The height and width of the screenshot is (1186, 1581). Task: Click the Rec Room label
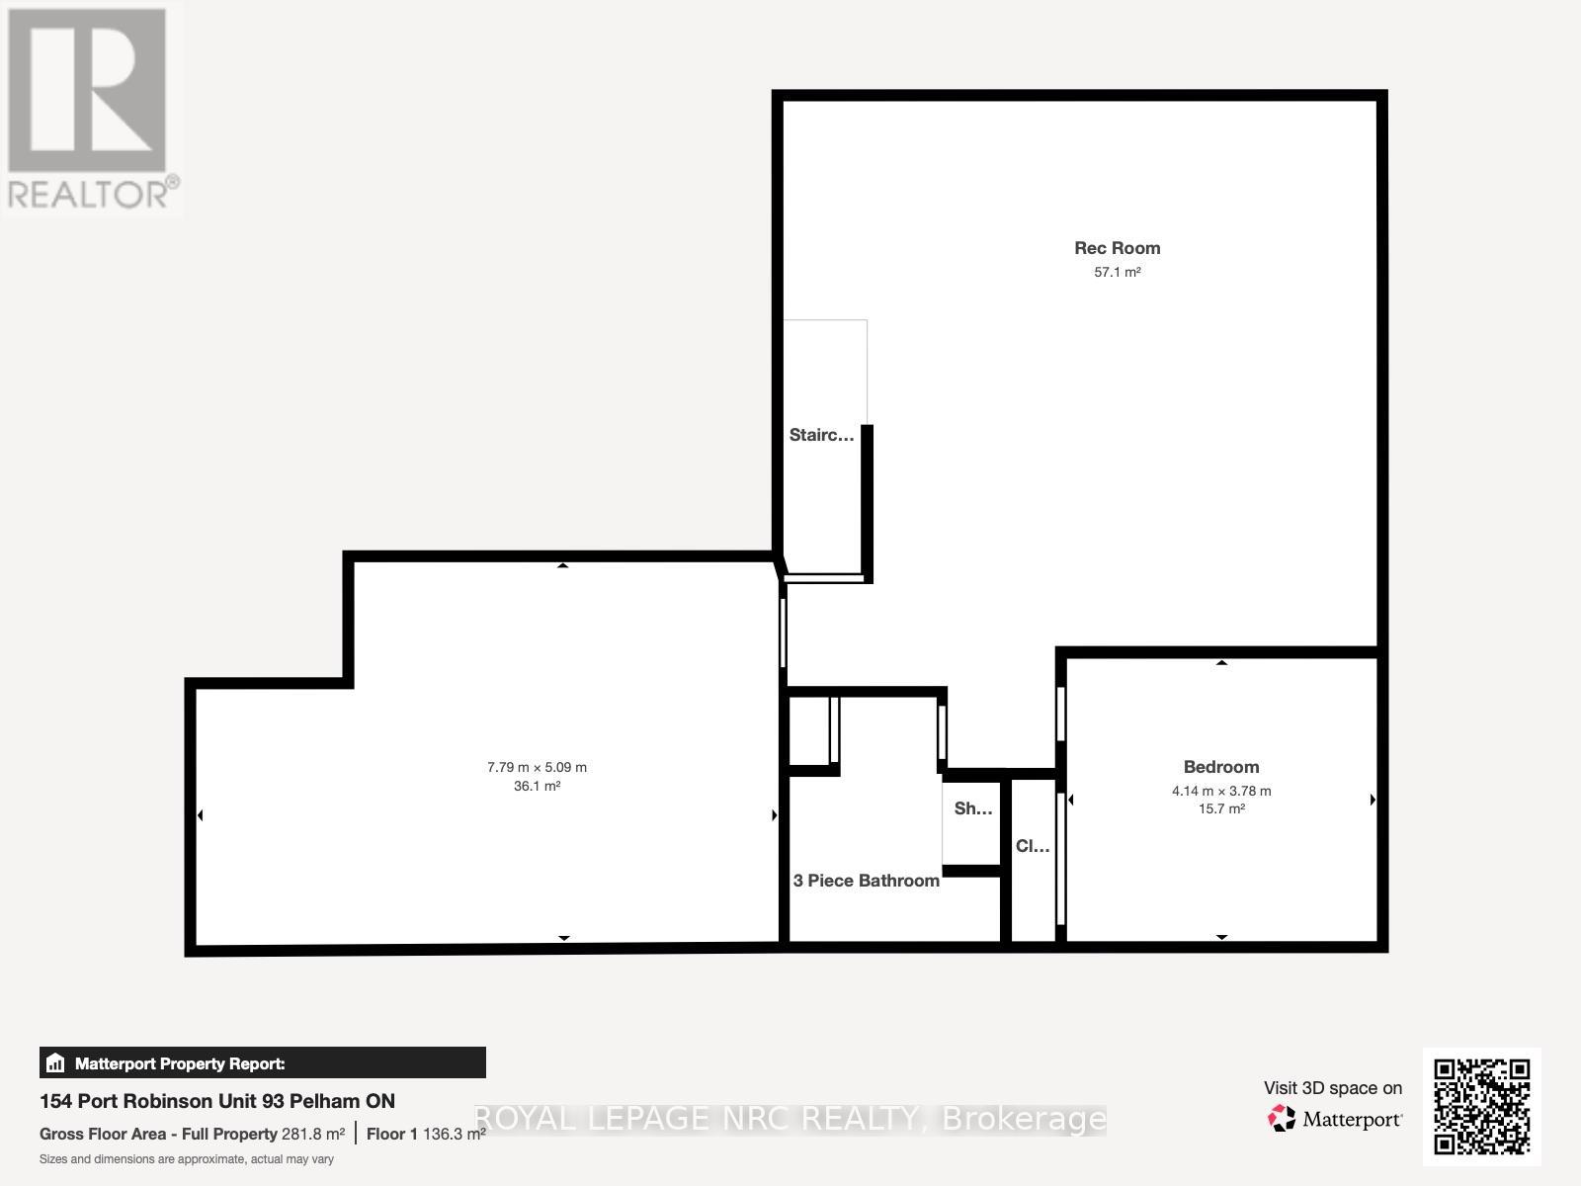[x=1117, y=248]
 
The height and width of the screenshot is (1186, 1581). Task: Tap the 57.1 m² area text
[x=1117, y=272]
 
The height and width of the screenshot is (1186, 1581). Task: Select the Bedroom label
[x=1221, y=767]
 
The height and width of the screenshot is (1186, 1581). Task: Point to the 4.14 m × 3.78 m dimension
[x=1221, y=791]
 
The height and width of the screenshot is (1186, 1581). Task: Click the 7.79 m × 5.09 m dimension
[x=537, y=767]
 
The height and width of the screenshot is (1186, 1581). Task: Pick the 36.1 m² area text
[x=537, y=787]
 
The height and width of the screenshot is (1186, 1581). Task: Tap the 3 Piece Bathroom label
[x=866, y=881]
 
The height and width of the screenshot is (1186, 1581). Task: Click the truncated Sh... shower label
[x=972, y=808]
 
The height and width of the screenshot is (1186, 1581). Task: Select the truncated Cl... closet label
[x=1033, y=846]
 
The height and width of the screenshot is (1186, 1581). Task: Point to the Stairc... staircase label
[x=821, y=435]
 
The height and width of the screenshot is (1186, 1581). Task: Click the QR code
[x=1481, y=1107]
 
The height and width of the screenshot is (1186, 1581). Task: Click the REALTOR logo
[x=91, y=109]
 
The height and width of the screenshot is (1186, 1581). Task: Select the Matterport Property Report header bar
[x=262, y=1063]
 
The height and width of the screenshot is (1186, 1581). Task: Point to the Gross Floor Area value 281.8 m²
[x=313, y=1134]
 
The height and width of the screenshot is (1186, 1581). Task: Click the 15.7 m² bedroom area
[x=1221, y=808]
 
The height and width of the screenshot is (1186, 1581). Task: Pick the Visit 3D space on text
[x=1332, y=1088]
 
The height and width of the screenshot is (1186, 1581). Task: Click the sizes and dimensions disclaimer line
[x=187, y=1159]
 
